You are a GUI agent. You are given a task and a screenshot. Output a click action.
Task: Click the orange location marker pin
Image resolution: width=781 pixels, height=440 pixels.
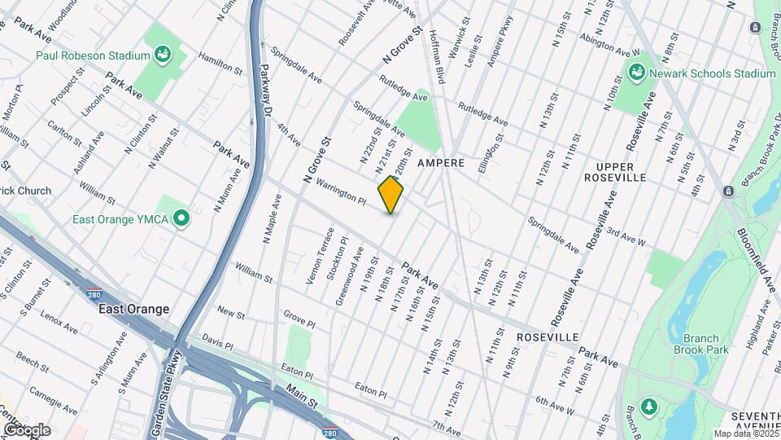[x=390, y=195]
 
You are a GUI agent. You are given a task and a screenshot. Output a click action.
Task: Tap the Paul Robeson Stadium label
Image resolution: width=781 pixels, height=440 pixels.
[x=93, y=55]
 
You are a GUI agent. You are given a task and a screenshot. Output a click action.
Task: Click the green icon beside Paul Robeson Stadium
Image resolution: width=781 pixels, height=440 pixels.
[x=163, y=55]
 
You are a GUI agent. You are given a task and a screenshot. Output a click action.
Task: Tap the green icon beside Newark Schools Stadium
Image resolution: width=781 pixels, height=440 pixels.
[x=637, y=73]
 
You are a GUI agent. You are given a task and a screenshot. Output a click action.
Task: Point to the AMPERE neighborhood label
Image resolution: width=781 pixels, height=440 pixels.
[x=441, y=163]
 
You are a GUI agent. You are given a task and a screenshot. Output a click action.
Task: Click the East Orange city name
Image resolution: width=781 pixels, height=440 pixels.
[x=133, y=310]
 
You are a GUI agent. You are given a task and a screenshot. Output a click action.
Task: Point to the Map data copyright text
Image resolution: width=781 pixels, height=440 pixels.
[x=745, y=433]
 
